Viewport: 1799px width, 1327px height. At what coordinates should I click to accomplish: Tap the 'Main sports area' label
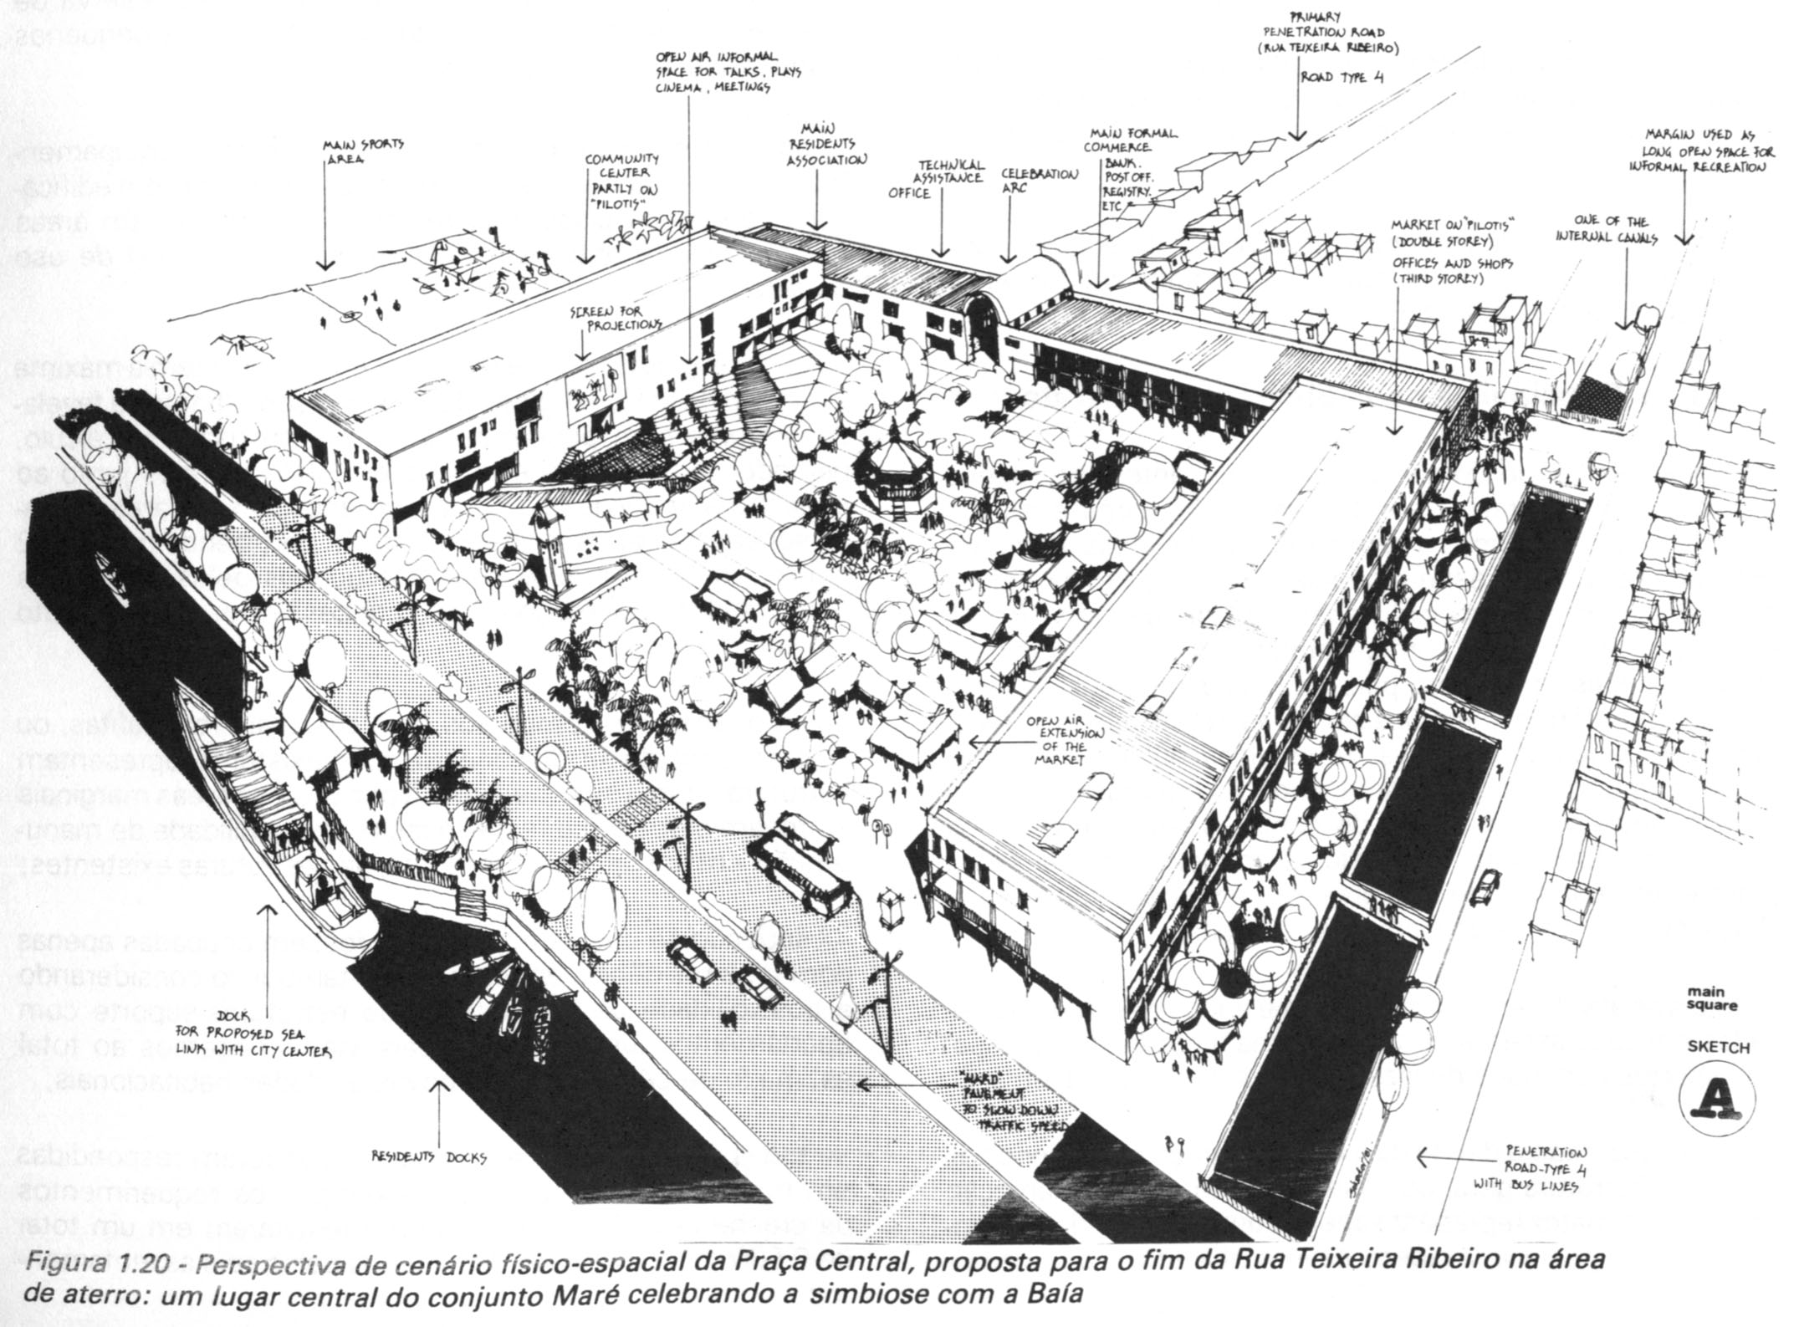(363, 151)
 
